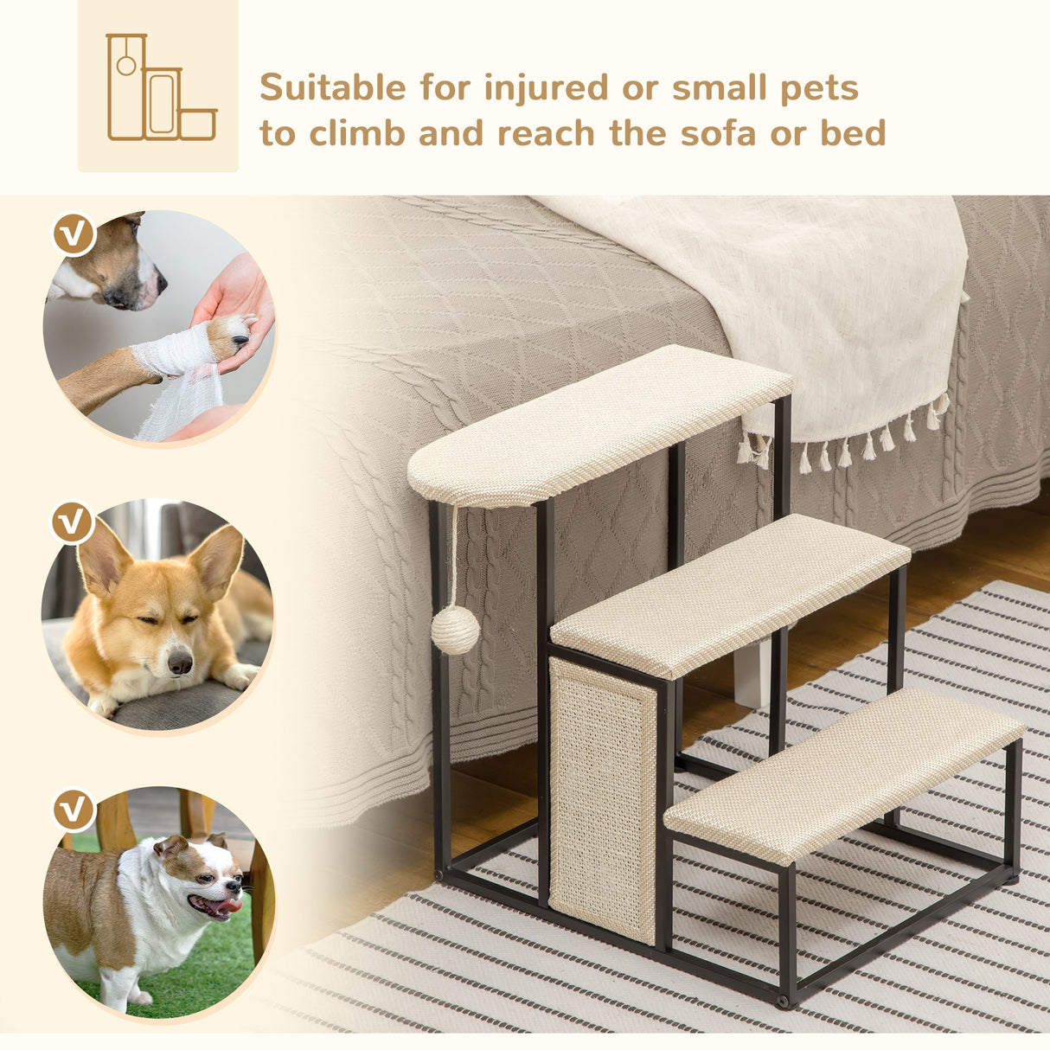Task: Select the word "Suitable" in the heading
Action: tap(333, 88)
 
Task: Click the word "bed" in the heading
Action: tap(852, 134)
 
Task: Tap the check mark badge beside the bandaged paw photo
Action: tap(74, 234)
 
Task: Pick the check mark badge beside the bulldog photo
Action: tap(74, 809)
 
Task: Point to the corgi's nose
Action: tap(180, 663)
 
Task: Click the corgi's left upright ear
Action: tap(101, 558)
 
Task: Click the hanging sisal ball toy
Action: tap(455, 630)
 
